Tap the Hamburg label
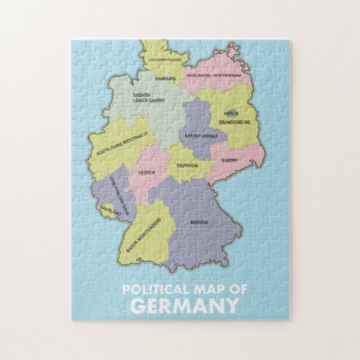click(165, 79)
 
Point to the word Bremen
click(141, 96)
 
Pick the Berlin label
click(231, 113)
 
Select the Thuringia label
click(187, 166)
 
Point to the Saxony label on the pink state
click(229, 160)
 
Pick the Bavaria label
click(199, 222)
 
